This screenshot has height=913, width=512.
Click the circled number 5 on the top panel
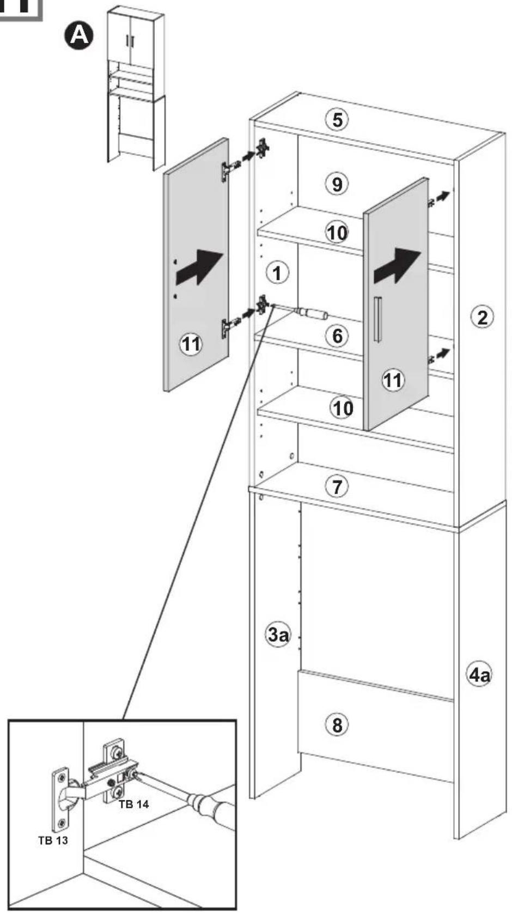coord(337,120)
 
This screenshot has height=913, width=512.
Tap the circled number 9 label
coord(337,184)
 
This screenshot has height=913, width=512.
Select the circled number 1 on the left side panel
coord(278,273)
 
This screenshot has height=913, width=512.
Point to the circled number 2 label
coord(482,317)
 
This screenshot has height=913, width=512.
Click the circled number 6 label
coord(337,336)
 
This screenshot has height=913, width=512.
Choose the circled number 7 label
coord(337,486)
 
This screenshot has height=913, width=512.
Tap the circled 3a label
coord(278,634)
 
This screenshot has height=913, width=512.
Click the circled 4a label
coord(479,675)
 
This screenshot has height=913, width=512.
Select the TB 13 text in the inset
coord(53,840)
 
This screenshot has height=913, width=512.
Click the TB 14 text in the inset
coord(133,804)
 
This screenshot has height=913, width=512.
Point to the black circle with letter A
coord(79,36)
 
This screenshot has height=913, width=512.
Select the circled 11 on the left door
coord(191,344)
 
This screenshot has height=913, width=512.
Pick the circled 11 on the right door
coord(393,380)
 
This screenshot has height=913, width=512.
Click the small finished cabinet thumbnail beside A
coord(136,88)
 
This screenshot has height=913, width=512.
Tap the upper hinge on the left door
coord(225,171)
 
